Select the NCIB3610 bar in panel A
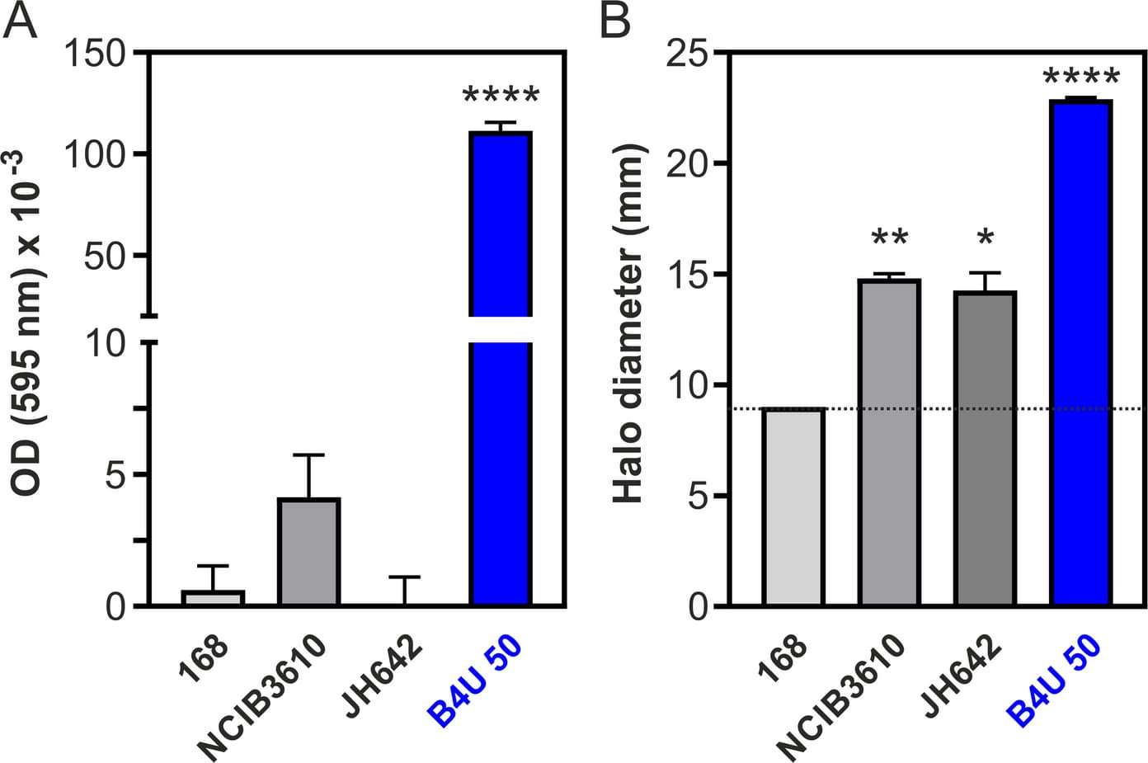pyautogui.click(x=309, y=551)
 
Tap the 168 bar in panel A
pyautogui.click(x=213, y=598)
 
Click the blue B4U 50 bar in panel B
pyautogui.click(x=1081, y=352)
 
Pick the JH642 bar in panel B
pyautogui.click(x=985, y=449)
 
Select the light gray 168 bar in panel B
pyautogui.click(x=793, y=506)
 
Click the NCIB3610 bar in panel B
pyautogui.click(x=889, y=443)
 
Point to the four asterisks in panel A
pyautogui.click(x=501, y=96)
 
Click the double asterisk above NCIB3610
pyautogui.click(x=890, y=238)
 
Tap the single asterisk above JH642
pyautogui.click(x=986, y=238)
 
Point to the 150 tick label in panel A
pyautogui.click(x=94, y=53)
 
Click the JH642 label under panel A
pyautogui.click(x=382, y=676)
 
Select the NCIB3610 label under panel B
pyautogui.click(x=840, y=698)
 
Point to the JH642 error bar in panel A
pyautogui.click(x=404, y=591)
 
